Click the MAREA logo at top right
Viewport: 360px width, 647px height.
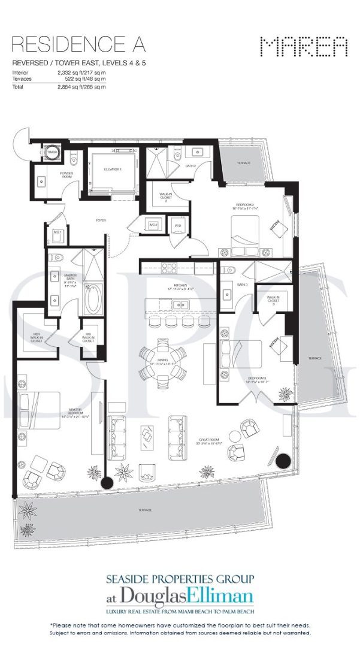(x=304, y=47)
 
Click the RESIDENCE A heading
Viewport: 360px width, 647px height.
(x=78, y=45)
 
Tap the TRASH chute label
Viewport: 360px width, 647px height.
(x=53, y=153)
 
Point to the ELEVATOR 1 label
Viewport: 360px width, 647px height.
(x=112, y=170)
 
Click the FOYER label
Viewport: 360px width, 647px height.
(x=100, y=220)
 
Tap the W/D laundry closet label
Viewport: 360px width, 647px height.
(x=178, y=225)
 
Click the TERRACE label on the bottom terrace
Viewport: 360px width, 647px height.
(x=143, y=510)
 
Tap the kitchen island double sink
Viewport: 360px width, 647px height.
(x=179, y=305)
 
